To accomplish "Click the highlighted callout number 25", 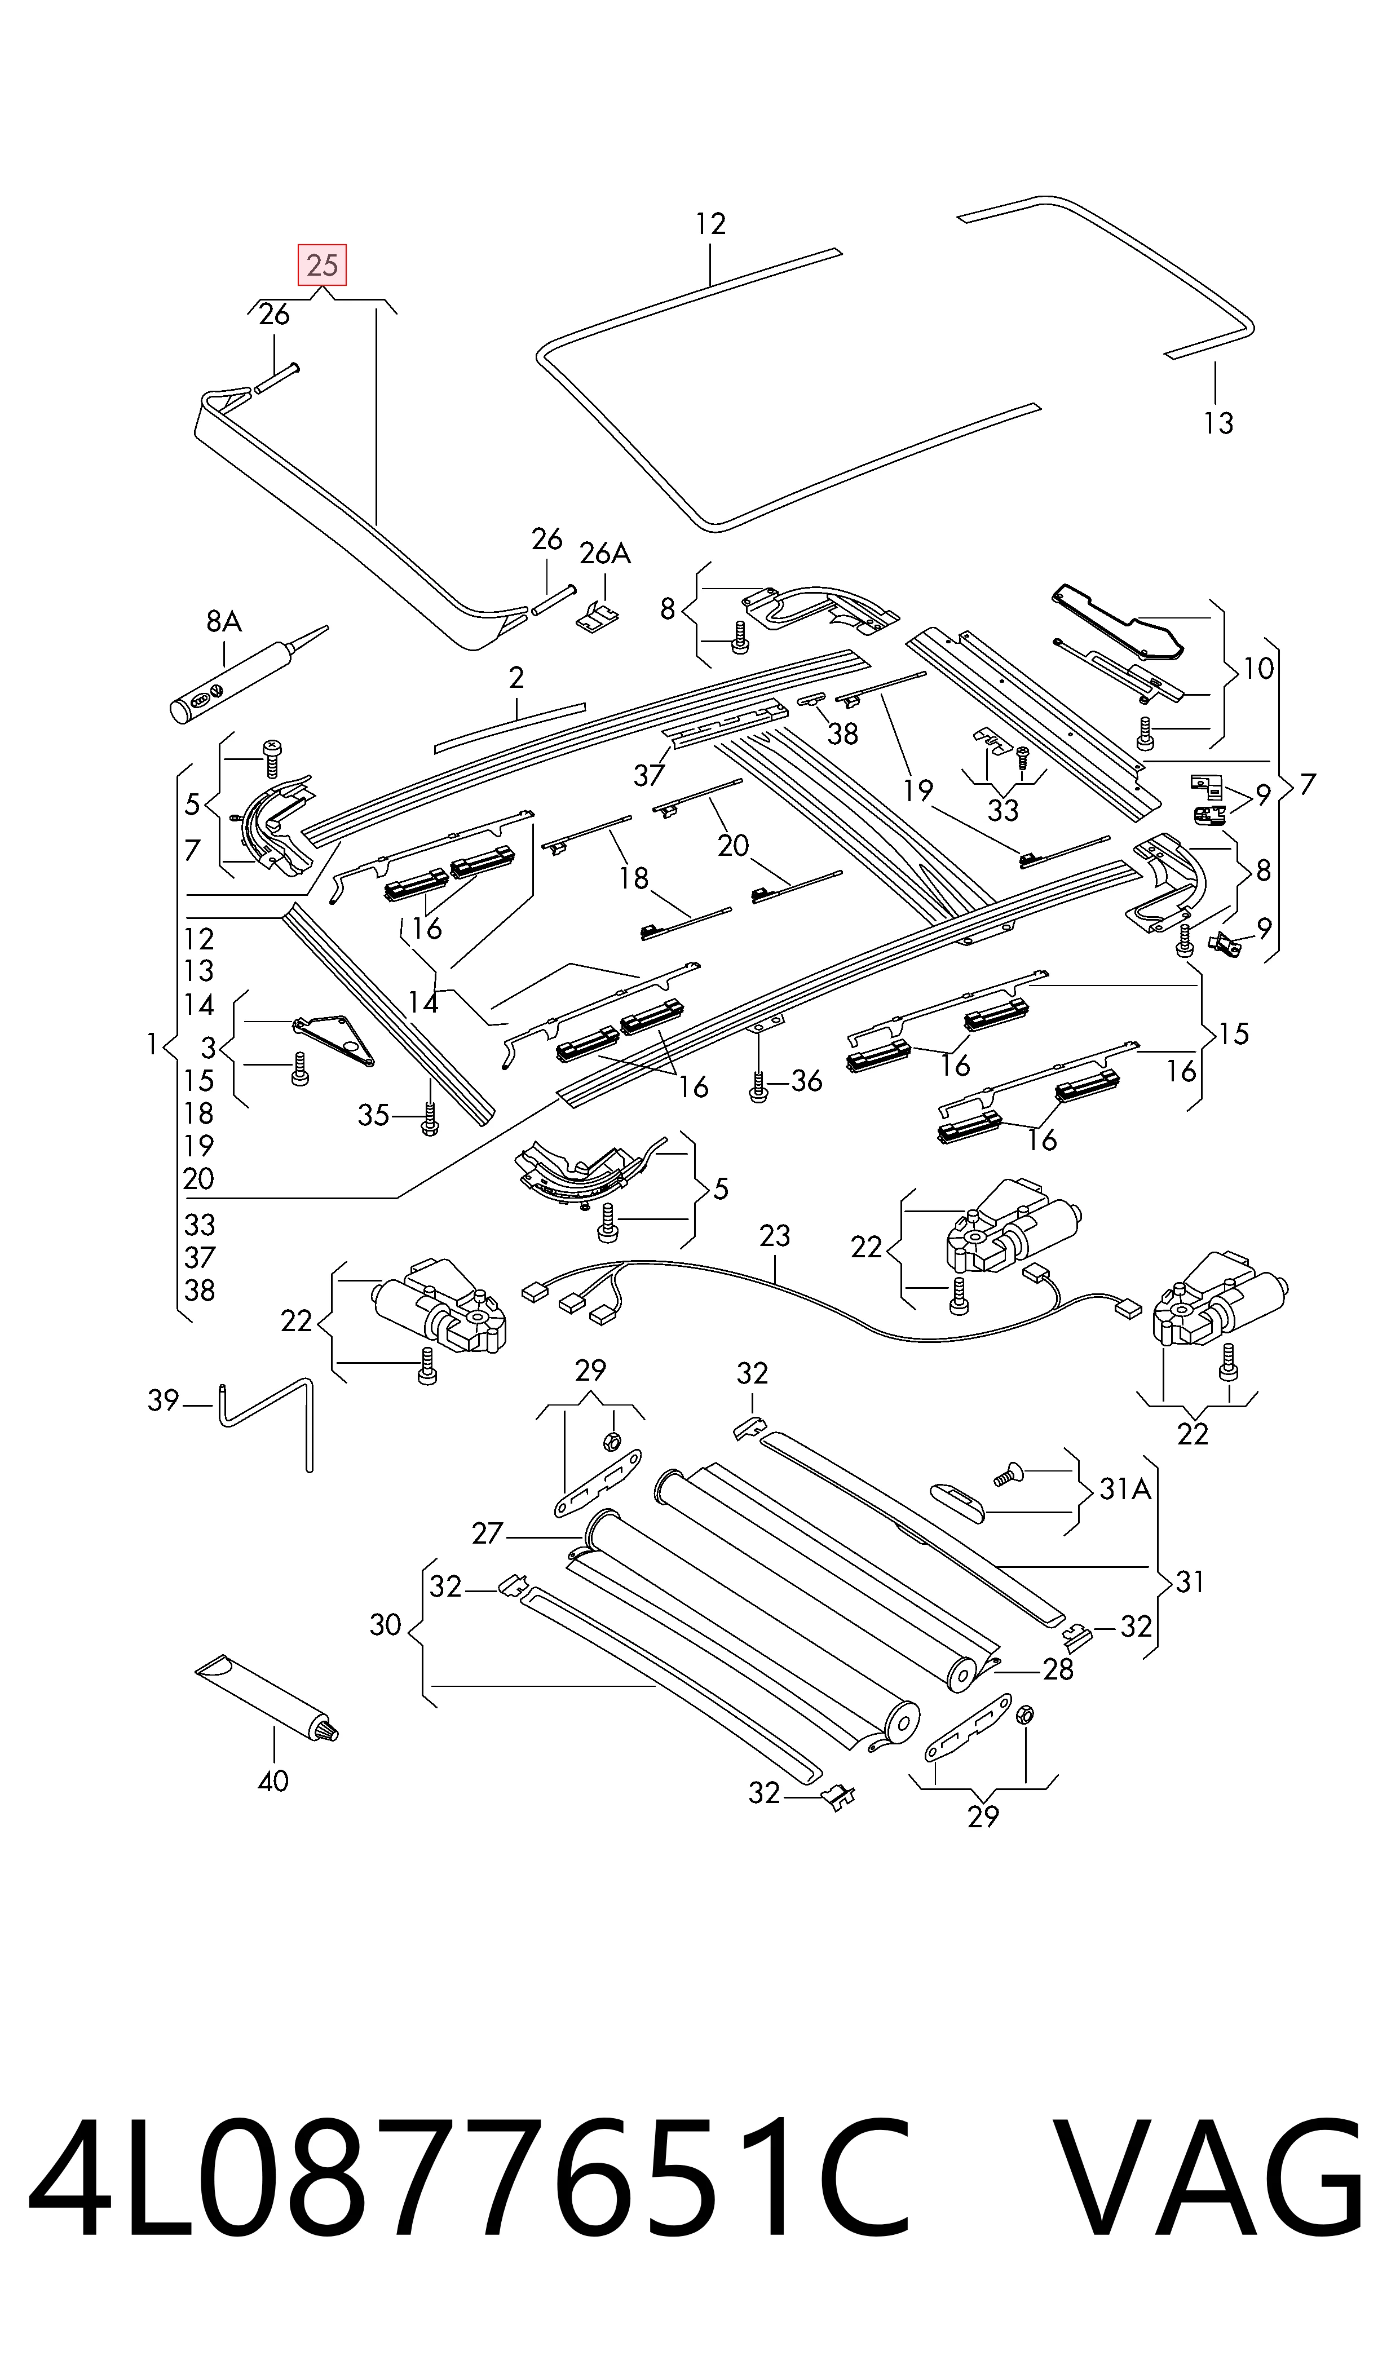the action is pyautogui.click(x=323, y=265).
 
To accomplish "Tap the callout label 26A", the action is pyautogui.click(x=605, y=554).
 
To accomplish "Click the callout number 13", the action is pyautogui.click(x=1218, y=423).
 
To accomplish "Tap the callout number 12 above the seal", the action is pyautogui.click(x=710, y=224).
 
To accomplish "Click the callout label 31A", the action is pyautogui.click(x=1125, y=1489).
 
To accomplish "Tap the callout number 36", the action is pyautogui.click(x=807, y=1081).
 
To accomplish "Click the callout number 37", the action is pyautogui.click(x=649, y=775).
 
